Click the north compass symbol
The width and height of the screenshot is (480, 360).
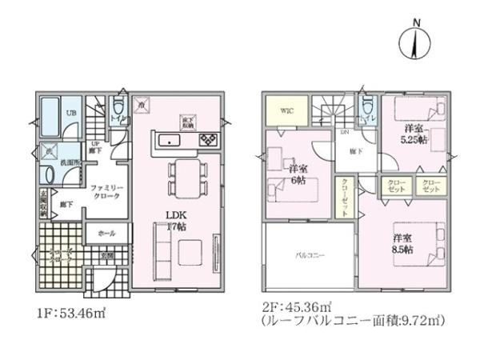pos(414,41)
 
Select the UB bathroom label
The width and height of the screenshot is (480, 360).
pos(71,113)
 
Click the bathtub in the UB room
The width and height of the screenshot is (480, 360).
pos(50,118)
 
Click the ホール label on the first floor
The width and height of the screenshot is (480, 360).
pos(105,233)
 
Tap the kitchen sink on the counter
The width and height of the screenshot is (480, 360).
pos(170,141)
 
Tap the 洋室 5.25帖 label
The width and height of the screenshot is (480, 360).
pos(415,134)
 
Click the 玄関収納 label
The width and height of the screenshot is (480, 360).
pos(42,203)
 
